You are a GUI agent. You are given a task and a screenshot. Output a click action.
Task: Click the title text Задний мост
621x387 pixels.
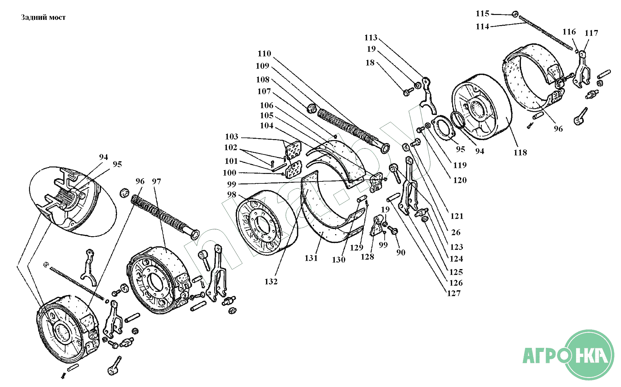(43, 18)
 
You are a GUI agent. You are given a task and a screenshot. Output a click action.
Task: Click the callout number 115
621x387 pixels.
(482, 14)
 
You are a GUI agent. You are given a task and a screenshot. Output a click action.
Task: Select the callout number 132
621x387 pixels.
(271, 281)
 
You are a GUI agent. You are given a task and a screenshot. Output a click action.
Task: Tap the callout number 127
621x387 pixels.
(453, 294)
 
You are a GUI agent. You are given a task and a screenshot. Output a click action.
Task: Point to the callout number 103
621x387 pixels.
(231, 136)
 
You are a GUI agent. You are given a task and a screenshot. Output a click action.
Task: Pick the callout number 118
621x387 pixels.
(520, 152)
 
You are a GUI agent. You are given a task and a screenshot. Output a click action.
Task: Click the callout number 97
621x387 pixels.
(156, 181)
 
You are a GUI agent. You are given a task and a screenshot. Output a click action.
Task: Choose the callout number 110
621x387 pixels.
(264, 54)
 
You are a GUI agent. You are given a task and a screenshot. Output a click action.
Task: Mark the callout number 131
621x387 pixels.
(311, 258)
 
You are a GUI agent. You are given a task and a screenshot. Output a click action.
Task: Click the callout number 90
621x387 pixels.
(401, 252)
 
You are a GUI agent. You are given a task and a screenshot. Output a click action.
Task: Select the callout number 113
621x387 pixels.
(371, 38)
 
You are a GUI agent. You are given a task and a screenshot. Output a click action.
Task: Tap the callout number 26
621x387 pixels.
(456, 233)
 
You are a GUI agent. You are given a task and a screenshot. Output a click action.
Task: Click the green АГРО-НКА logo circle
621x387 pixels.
(589, 355)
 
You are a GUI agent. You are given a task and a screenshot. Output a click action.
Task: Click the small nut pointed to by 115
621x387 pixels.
(515, 14)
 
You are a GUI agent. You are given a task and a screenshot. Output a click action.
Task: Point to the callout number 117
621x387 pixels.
(591, 33)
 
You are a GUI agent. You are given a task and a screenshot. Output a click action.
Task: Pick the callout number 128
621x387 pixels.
(367, 257)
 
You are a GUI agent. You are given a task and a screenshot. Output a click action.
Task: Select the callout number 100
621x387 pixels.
(229, 173)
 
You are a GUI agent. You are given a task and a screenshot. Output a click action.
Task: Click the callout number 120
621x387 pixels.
(460, 180)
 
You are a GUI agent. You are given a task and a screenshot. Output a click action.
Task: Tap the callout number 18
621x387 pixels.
(370, 63)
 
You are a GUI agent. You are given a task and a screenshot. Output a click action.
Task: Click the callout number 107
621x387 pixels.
(264, 92)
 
